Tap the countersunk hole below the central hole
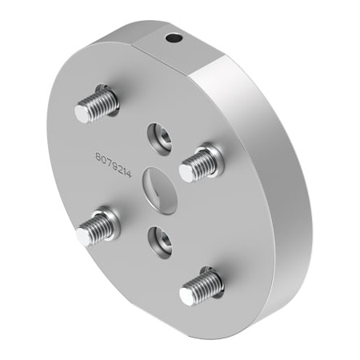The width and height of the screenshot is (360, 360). point(159,238)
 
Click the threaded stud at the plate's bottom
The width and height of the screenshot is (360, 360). point(200,286)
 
